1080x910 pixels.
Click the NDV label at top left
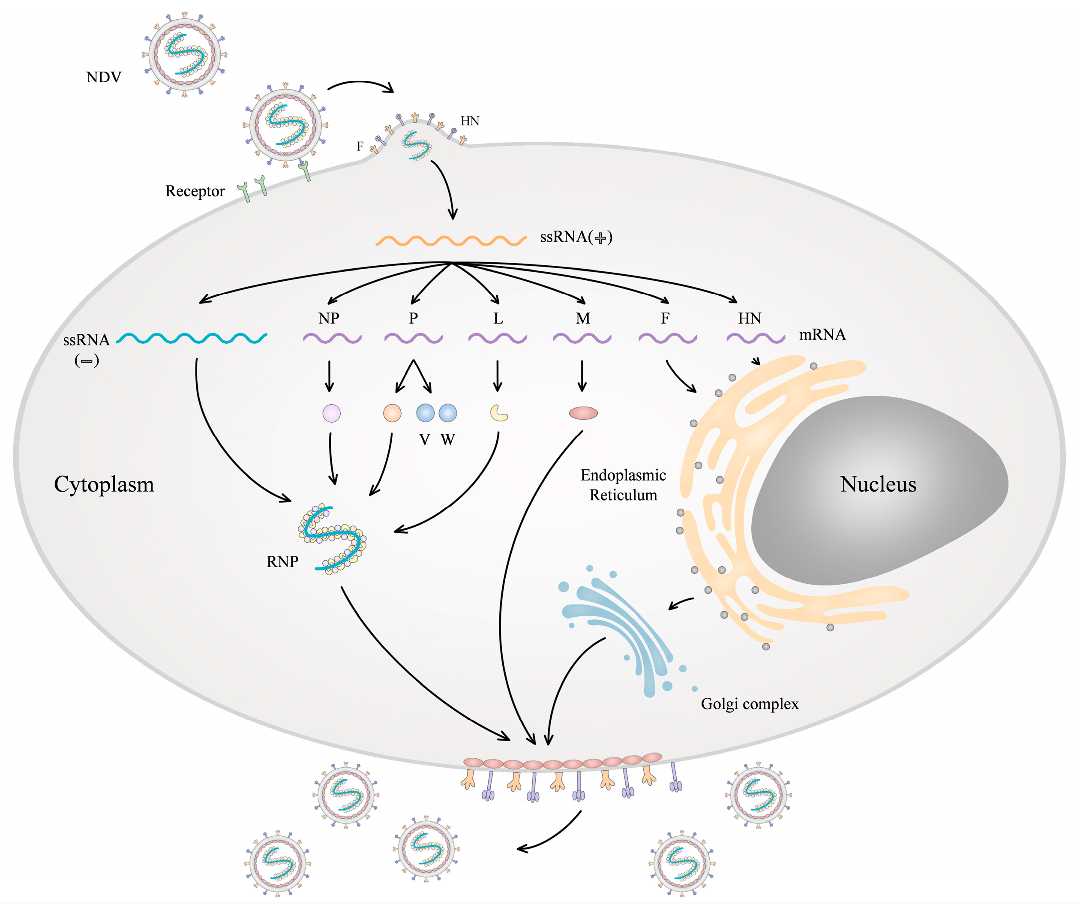click(x=104, y=78)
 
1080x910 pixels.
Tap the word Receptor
click(x=195, y=192)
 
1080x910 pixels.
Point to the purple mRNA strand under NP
click(x=332, y=339)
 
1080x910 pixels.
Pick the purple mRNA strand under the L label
click(x=497, y=339)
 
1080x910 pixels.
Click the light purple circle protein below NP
click(x=331, y=413)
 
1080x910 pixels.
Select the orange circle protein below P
click(x=392, y=413)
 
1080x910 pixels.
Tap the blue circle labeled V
click(x=425, y=413)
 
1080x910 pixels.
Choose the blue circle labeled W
click(x=448, y=413)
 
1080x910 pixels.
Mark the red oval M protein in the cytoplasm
click(x=583, y=413)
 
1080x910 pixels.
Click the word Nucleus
click(x=878, y=484)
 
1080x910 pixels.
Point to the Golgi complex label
click(x=750, y=704)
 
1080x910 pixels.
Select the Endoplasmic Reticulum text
click(x=623, y=485)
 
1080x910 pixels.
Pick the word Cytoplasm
click(x=104, y=484)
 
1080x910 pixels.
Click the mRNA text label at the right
click(x=822, y=335)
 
